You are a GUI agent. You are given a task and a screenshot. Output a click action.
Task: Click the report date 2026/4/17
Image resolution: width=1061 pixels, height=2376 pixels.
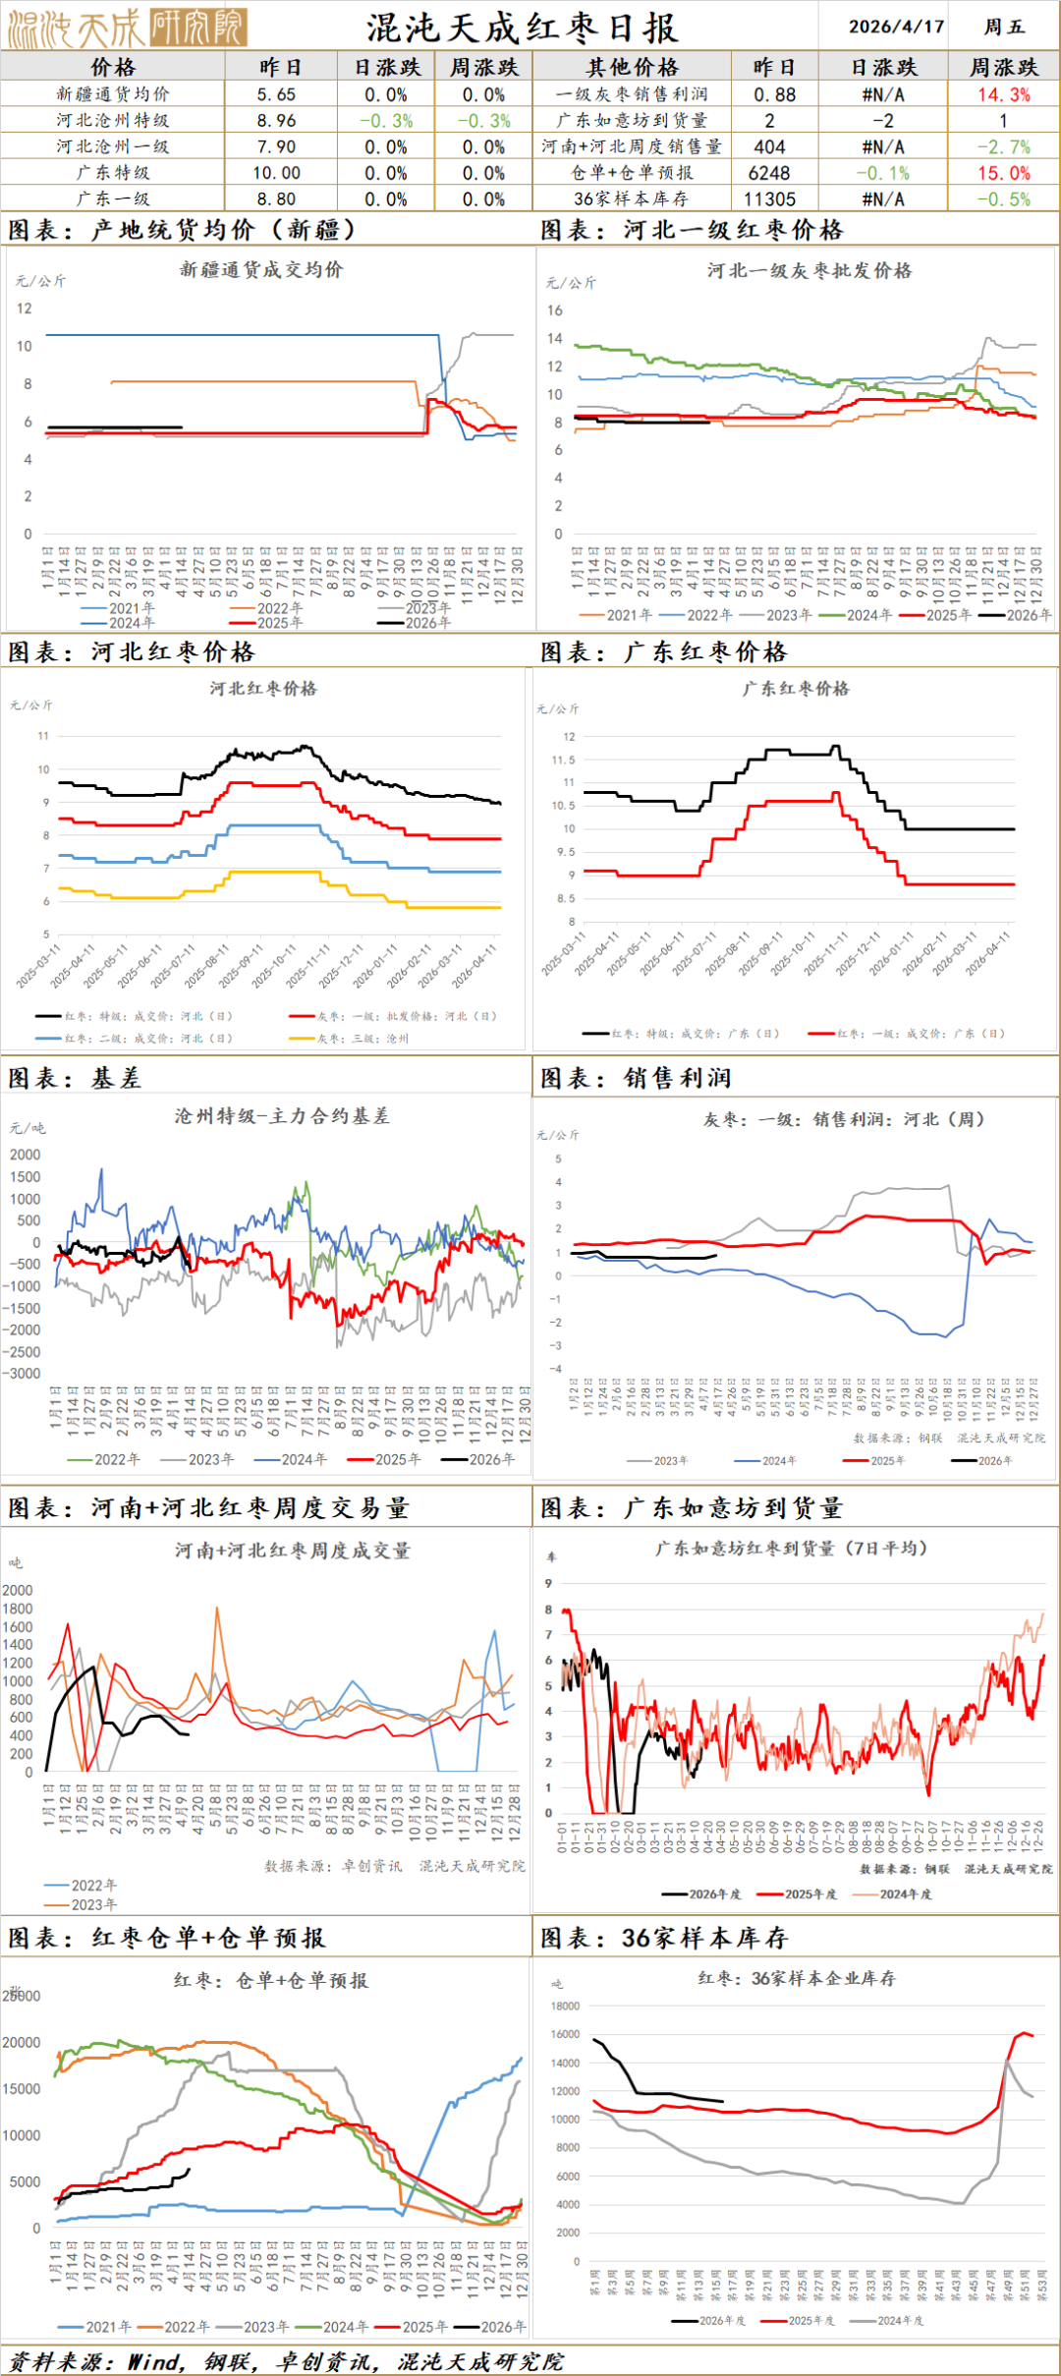click(896, 27)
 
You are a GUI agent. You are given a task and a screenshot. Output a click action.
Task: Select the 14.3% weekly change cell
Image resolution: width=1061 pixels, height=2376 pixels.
click(1003, 94)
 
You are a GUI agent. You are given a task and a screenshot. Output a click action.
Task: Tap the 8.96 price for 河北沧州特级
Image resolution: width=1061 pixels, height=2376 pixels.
click(276, 121)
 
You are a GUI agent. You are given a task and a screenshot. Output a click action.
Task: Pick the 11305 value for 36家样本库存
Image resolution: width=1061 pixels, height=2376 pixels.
click(769, 198)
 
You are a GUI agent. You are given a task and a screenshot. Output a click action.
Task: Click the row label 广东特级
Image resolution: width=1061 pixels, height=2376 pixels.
click(113, 173)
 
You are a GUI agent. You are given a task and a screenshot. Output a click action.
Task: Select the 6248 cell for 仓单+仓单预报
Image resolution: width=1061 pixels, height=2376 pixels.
click(769, 173)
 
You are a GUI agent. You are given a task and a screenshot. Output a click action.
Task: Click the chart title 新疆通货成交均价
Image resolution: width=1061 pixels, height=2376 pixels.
click(261, 269)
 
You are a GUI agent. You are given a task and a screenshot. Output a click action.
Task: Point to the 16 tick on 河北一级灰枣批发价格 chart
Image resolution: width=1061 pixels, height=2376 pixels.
click(555, 311)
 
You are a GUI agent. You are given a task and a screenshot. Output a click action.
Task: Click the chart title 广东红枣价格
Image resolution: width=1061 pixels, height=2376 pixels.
click(796, 689)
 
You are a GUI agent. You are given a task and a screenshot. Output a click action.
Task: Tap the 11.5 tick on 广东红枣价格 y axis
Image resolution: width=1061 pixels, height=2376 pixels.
click(563, 760)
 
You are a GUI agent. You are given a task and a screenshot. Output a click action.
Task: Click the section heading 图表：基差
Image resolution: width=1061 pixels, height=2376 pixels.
click(75, 1079)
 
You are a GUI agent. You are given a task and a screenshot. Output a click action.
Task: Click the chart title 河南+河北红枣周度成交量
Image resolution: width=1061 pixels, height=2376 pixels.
click(293, 1551)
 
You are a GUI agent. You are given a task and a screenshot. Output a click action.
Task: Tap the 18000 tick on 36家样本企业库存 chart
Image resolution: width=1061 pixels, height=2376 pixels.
click(567, 2007)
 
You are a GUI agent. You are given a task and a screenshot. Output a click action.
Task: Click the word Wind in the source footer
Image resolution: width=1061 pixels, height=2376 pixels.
click(155, 2361)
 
